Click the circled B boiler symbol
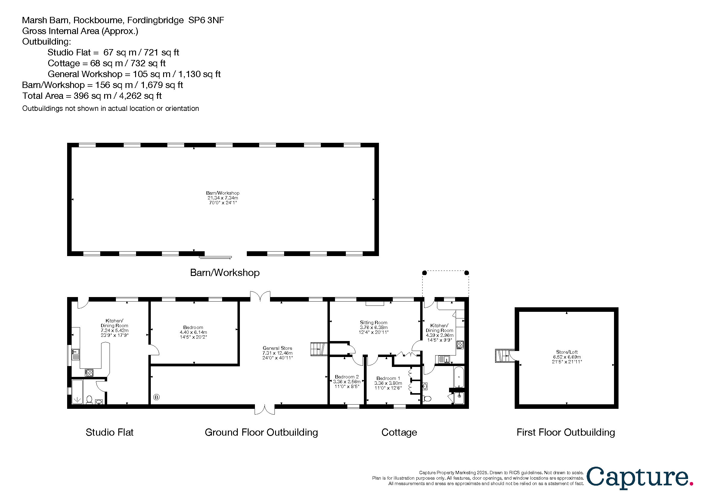coord(157,397)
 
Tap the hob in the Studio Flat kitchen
coord(89,373)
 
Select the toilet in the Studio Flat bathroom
coord(89,400)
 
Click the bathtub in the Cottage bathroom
coord(459,377)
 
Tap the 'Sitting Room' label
coord(374,322)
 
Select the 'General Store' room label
coord(277,348)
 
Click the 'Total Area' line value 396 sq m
coord(92,96)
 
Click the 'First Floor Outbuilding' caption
coord(566,432)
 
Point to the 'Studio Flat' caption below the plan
coord(110,432)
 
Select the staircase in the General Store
coord(319,349)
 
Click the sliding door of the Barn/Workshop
coord(215,257)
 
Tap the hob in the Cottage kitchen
coord(460,345)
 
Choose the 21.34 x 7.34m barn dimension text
coord(223,198)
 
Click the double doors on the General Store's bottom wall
coord(265,409)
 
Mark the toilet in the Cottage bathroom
coord(427,399)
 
